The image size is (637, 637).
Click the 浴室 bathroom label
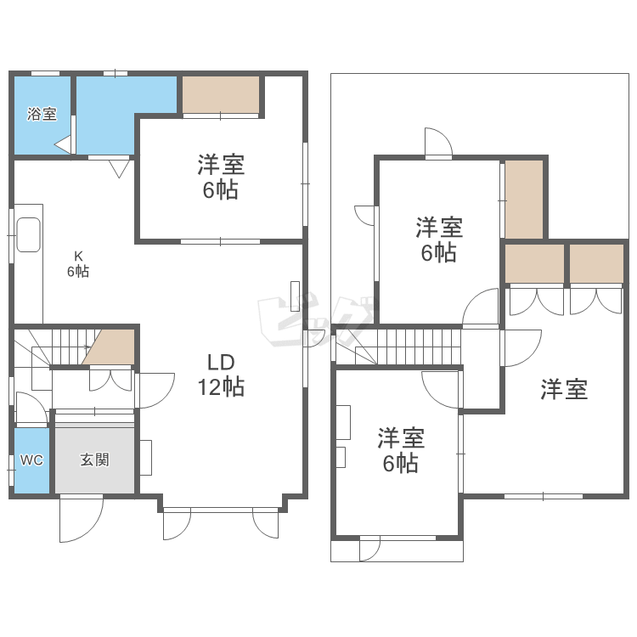click(42, 114)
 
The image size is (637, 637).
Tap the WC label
click(31, 459)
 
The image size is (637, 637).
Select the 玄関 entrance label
click(94, 459)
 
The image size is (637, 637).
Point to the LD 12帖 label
click(222, 375)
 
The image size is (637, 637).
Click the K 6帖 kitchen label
click(78, 263)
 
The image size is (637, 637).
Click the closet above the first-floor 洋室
click(221, 94)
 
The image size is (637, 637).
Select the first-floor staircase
click(51, 347)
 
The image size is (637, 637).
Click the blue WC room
click(31, 459)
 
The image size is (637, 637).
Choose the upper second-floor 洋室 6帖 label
click(438, 240)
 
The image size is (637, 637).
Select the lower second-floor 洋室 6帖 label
click(400, 450)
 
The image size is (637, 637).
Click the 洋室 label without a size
click(565, 390)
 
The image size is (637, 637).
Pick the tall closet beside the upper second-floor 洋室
click(523, 199)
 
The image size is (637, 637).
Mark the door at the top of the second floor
click(437, 143)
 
